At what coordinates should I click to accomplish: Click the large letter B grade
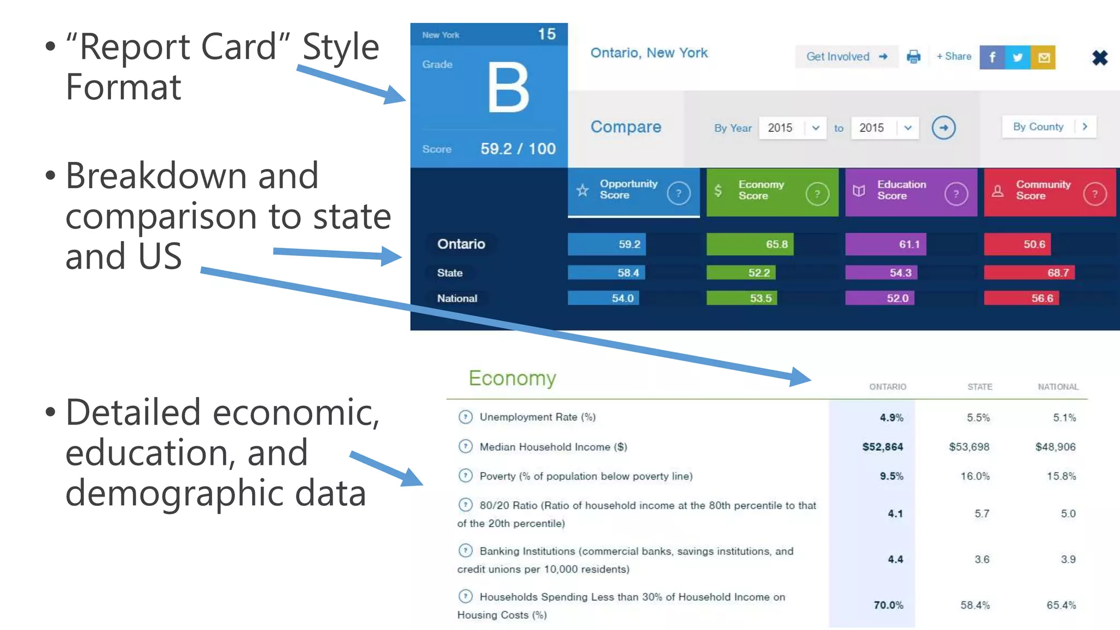(508, 87)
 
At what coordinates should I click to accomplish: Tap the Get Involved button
(846, 57)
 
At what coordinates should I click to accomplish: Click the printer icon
(913, 57)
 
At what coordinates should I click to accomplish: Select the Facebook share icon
(992, 57)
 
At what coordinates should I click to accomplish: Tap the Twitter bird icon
(1018, 57)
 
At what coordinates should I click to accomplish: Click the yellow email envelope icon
(1043, 57)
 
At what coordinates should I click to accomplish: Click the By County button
(1048, 127)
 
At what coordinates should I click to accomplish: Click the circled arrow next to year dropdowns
(943, 128)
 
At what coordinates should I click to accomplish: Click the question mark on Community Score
(1094, 194)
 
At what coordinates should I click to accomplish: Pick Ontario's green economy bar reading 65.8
(749, 244)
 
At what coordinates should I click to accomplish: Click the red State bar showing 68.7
(1029, 273)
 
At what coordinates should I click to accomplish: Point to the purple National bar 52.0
(879, 299)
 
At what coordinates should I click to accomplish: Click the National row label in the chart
(457, 299)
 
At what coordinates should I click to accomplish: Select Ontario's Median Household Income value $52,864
(882, 447)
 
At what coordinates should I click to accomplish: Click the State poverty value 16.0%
(975, 476)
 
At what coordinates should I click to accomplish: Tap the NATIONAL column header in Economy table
(1058, 387)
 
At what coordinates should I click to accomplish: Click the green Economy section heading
(512, 378)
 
